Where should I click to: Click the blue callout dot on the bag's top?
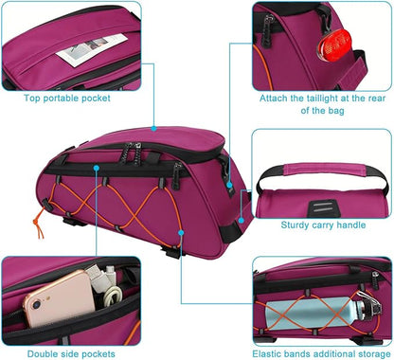pos(152,128)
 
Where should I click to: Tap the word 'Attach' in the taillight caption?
pos(276,97)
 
